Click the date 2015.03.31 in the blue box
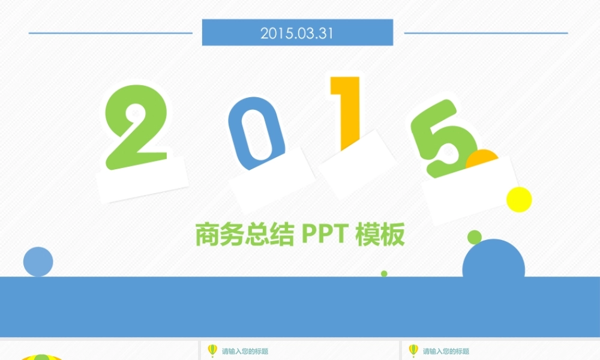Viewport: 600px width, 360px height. pos(296,33)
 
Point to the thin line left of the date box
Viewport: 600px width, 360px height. pos(111,33)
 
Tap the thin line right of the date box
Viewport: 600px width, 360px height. pos(486,33)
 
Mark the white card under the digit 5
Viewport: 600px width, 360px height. pos(471,189)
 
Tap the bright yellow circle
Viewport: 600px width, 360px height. pos(519,199)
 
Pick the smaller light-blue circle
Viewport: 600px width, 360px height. pos(38,262)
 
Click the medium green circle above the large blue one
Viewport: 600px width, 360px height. pos(475,236)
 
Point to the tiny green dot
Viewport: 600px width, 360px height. pos(384,274)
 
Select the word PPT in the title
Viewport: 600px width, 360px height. pos(325,235)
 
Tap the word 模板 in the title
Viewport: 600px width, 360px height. pos(380,235)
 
